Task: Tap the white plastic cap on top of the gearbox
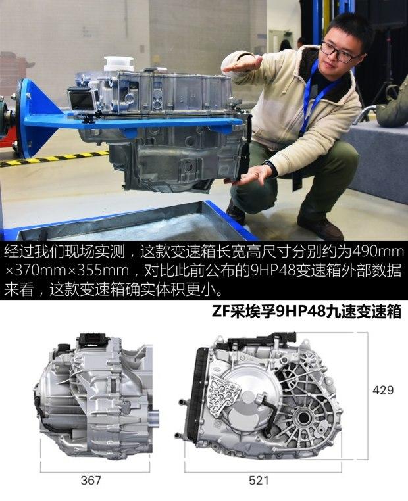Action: coord(118,64)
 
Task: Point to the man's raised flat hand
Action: coord(242,64)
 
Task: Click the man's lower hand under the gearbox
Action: coord(252,175)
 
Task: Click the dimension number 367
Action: coord(91,480)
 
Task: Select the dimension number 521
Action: coord(259,480)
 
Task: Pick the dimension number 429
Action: coord(383,390)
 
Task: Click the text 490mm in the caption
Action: coord(377,252)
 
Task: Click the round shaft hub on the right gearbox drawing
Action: coord(303,418)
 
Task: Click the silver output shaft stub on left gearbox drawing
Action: coord(154,418)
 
